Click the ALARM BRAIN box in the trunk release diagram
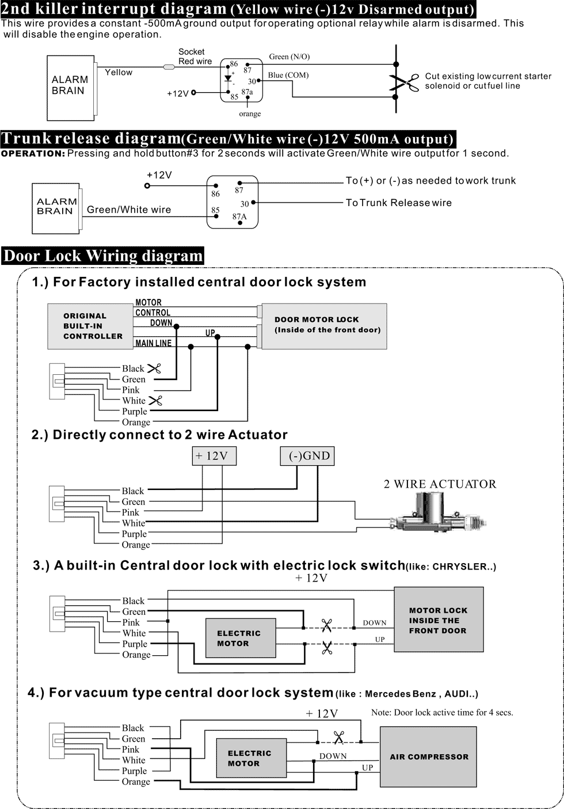pyautogui.click(x=55, y=207)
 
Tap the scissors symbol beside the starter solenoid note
pyautogui.click(x=405, y=82)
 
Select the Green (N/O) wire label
pyautogui.click(x=289, y=56)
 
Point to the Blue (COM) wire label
pyautogui.click(x=288, y=75)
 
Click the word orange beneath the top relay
pyautogui.click(x=250, y=114)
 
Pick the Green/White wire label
pyautogui.click(x=129, y=210)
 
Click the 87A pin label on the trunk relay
pyautogui.click(x=239, y=217)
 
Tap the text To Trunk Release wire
pyautogui.click(x=398, y=203)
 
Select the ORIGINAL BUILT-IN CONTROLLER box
pyautogui.click(x=90, y=326)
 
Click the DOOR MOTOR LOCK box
pyautogui.click(x=324, y=325)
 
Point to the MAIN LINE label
pyautogui.click(x=153, y=343)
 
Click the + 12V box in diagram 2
pyautogui.click(x=214, y=456)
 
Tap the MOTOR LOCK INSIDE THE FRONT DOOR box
pyautogui.click(x=439, y=620)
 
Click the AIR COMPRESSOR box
pyautogui.click(x=428, y=757)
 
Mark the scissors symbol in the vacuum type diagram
pyautogui.click(x=339, y=738)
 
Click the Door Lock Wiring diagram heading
pyautogui.click(x=103, y=256)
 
